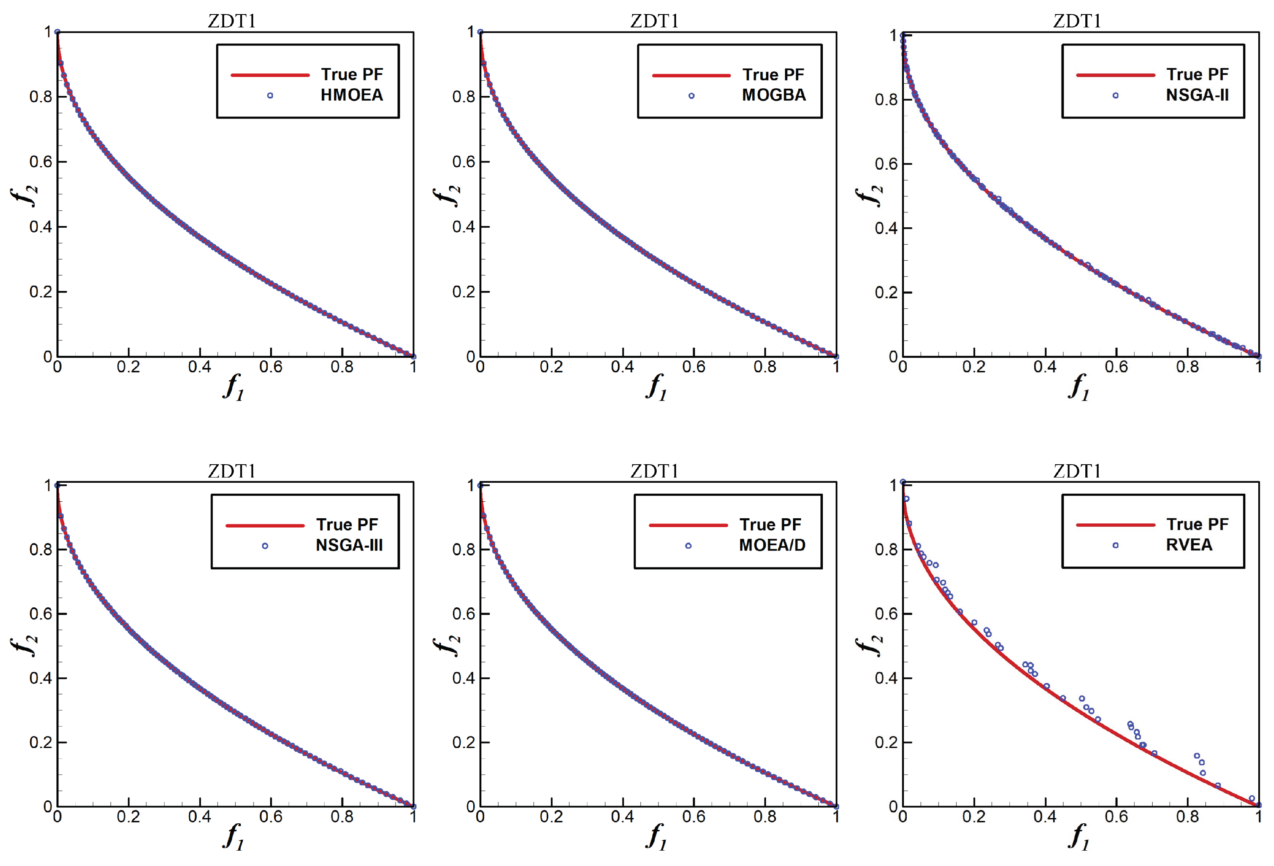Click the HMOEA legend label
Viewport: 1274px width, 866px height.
point(352,95)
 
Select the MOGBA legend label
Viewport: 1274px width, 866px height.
point(774,95)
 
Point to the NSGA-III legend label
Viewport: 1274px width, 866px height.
point(349,545)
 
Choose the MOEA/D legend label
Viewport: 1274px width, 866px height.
point(772,545)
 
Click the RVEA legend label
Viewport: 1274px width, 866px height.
point(1189,544)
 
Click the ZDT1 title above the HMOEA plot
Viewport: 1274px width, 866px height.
point(231,21)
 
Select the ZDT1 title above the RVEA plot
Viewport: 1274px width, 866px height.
point(1076,471)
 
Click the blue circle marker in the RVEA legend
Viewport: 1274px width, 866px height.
point(1115,545)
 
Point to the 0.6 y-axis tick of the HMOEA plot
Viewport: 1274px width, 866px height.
point(41,162)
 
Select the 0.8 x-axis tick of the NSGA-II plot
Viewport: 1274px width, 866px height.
point(1187,367)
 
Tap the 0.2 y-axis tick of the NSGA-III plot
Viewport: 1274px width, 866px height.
point(41,742)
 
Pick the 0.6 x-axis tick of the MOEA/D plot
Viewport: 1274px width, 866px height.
point(693,817)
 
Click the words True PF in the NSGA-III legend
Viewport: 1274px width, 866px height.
point(346,525)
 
